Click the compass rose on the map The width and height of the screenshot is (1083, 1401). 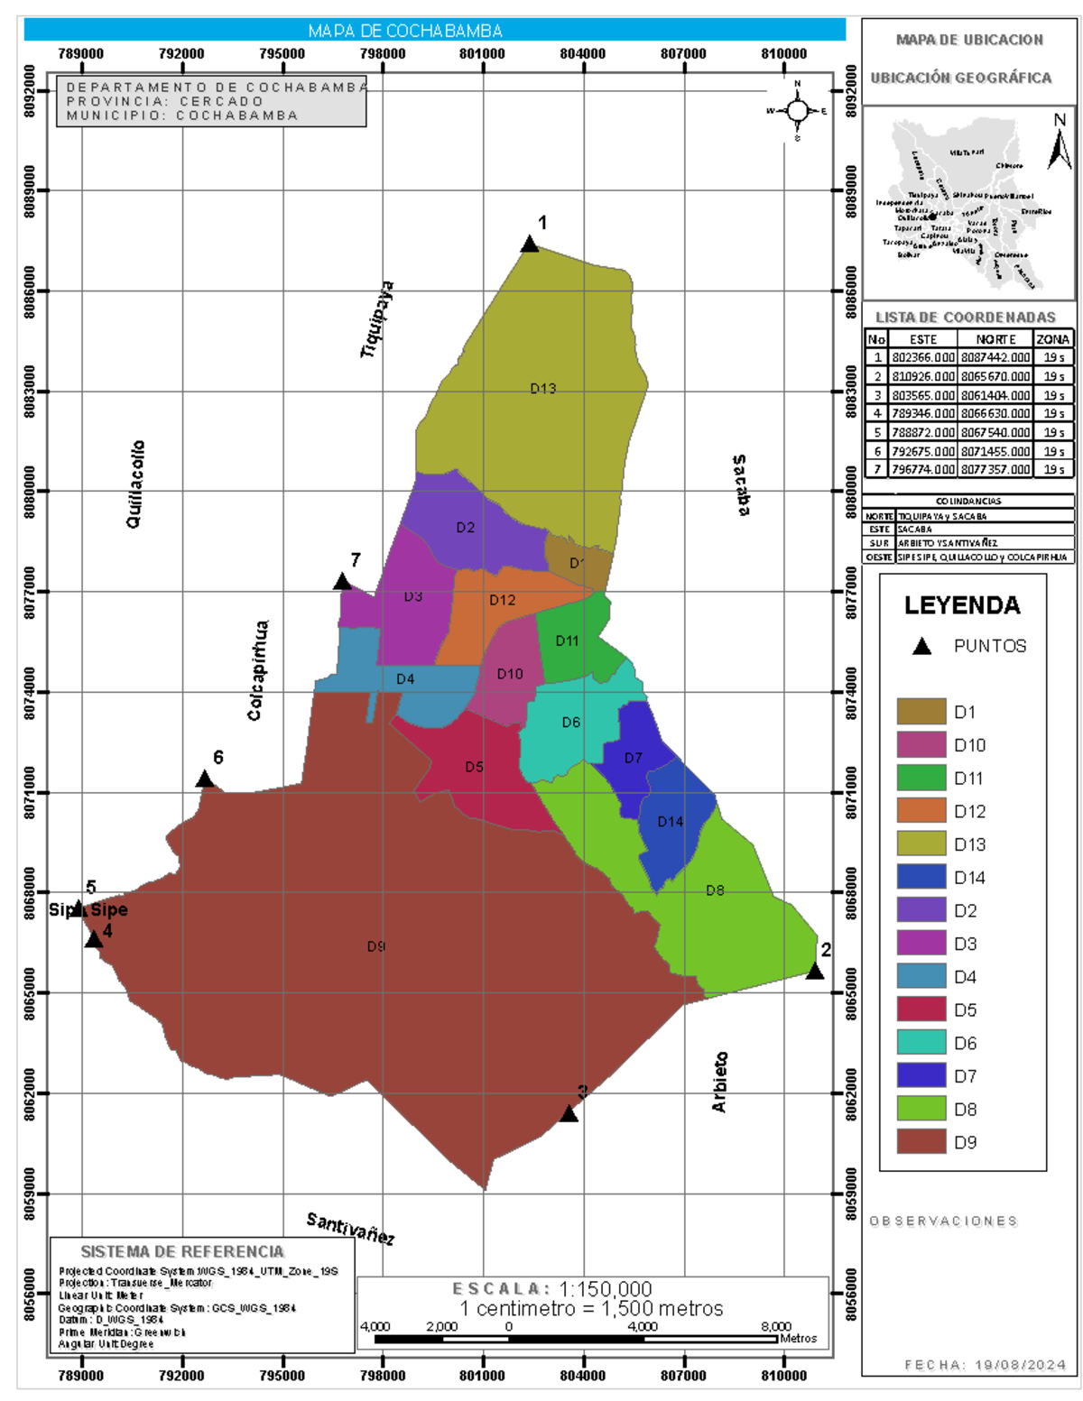tap(798, 111)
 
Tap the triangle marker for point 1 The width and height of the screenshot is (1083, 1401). tap(530, 244)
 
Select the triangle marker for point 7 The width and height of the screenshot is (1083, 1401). tap(342, 582)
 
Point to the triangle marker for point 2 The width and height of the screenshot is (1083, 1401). tap(815, 972)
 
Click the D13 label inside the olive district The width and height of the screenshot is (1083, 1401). tap(543, 389)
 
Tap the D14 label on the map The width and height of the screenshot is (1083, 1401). tap(671, 822)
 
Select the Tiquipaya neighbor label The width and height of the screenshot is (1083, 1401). tap(377, 319)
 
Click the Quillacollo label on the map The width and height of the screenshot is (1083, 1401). tap(134, 484)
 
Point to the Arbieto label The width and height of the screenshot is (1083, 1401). tap(719, 1082)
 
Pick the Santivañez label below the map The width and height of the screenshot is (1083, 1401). tap(350, 1228)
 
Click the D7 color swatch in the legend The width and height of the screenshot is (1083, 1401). tap(921, 1075)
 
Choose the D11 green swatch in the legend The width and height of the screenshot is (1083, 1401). tap(921, 778)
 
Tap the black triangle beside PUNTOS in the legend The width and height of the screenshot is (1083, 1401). tap(921, 646)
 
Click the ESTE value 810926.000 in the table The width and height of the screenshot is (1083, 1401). tap(923, 376)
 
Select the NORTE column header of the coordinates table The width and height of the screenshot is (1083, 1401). tap(995, 339)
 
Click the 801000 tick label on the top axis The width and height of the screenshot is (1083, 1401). tap(483, 54)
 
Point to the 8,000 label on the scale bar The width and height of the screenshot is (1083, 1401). tap(775, 1326)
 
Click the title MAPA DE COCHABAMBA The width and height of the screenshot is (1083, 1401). tap(405, 31)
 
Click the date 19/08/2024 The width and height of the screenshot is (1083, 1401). tap(1021, 1365)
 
